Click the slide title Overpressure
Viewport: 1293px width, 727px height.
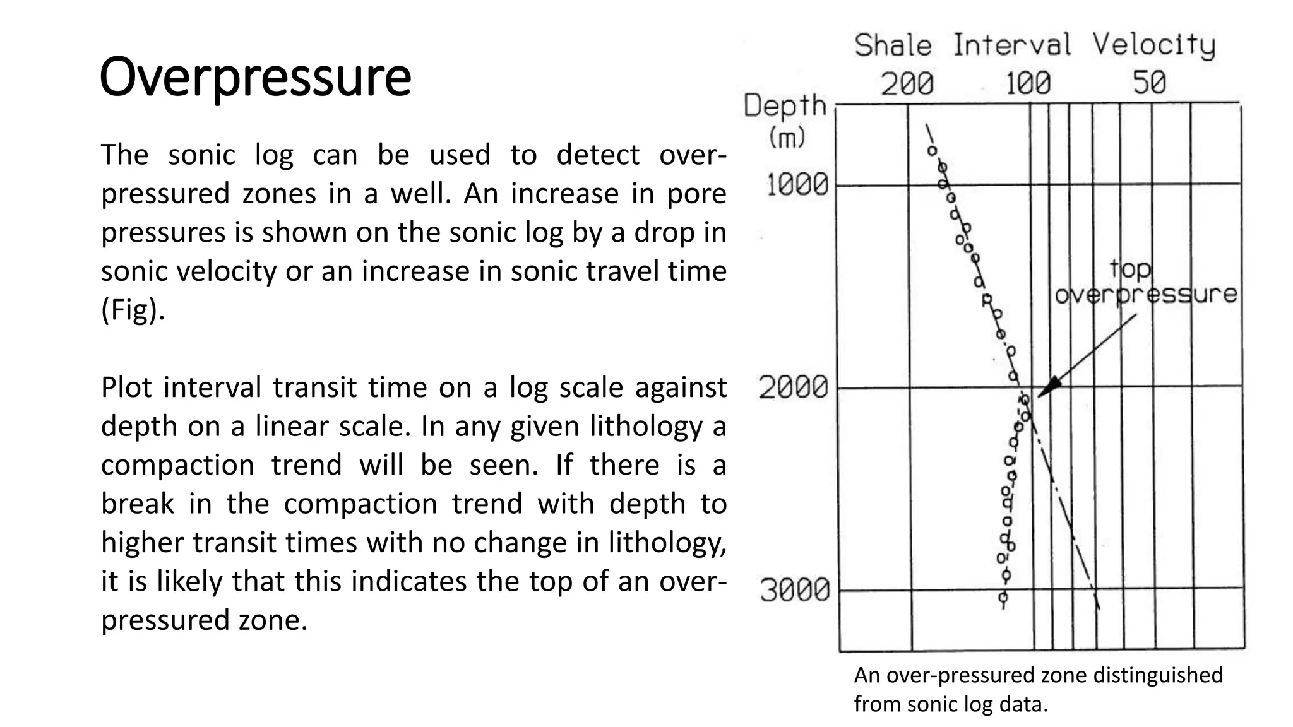(255, 77)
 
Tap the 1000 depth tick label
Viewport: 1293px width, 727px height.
(797, 185)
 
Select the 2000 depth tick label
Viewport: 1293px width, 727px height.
(793, 387)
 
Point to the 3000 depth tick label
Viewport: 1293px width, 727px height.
(794, 590)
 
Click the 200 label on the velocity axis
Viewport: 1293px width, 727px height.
(907, 83)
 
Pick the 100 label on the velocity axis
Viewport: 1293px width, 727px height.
(1028, 83)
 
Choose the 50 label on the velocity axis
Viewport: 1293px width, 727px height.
(1149, 83)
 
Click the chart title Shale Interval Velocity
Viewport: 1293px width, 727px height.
(1035, 45)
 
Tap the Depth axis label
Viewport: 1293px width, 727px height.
(785, 106)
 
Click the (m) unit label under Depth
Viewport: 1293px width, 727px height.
(787, 136)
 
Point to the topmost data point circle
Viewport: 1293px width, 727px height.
(932, 151)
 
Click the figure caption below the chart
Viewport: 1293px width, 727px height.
(1038, 689)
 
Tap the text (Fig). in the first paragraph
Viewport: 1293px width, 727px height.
(133, 310)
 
